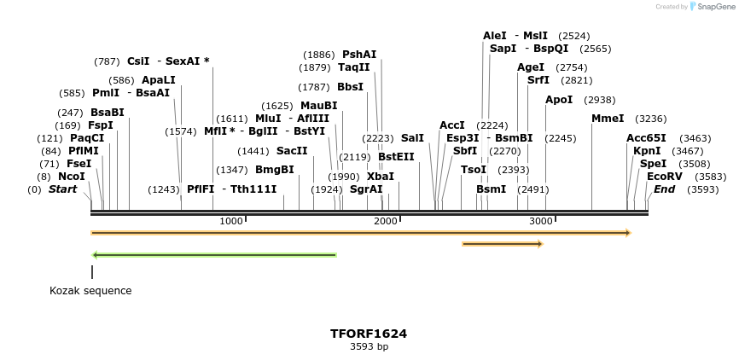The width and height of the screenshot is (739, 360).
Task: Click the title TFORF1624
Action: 369,334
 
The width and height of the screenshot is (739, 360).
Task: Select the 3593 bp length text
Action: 369,347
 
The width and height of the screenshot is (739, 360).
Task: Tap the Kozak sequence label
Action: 90,291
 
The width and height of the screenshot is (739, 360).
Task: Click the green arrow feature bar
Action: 214,254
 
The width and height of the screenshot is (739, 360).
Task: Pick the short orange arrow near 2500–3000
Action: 502,244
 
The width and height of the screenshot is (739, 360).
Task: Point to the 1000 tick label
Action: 231,221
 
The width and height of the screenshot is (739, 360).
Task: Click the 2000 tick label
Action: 386,221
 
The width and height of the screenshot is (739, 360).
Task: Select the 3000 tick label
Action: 541,221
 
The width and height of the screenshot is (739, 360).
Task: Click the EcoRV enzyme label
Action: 664,177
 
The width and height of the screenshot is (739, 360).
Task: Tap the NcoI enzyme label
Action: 72,177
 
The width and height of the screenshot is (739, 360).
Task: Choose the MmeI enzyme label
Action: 608,119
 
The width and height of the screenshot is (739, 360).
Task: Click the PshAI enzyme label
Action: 359,55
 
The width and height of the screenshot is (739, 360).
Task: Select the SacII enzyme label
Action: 292,151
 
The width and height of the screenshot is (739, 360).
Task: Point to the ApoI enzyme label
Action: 559,100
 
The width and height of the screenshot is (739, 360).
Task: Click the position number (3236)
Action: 652,119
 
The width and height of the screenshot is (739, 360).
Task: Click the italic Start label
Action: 62,189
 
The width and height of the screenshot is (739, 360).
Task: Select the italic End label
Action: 665,189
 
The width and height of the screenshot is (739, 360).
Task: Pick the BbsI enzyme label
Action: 350,87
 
